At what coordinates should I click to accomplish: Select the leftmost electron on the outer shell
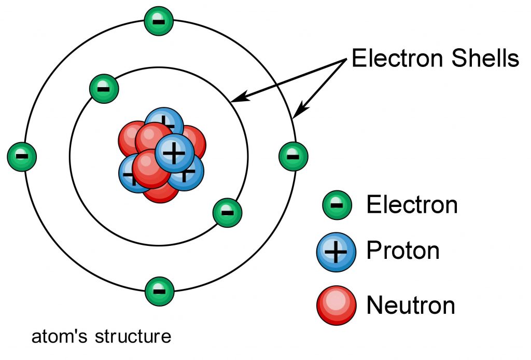(22, 156)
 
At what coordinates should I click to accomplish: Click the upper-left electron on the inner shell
(104, 89)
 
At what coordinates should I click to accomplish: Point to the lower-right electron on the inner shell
(228, 212)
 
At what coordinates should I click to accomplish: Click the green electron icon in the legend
(337, 205)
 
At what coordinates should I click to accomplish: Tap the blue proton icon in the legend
(337, 252)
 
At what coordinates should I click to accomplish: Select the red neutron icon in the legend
(337, 304)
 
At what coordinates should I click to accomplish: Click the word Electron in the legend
(412, 205)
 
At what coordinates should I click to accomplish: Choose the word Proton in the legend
(403, 251)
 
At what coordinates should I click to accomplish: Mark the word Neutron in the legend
(411, 305)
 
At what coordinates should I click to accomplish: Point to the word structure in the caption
(133, 337)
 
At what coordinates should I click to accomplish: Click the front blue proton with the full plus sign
(175, 153)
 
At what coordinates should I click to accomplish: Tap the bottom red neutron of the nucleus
(161, 194)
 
